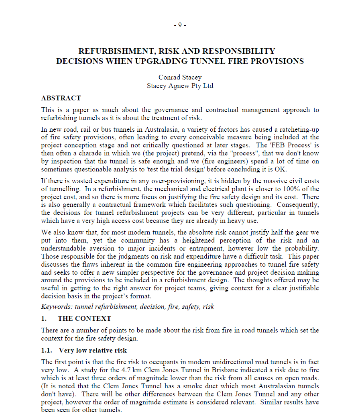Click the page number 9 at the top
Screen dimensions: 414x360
click(x=180, y=25)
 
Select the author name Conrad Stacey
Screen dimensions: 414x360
click(x=180, y=77)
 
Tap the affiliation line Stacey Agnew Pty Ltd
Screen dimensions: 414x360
click(x=180, y=86)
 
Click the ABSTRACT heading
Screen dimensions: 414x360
click(x=61, y=98)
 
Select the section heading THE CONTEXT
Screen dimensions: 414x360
click(x=84, y=318)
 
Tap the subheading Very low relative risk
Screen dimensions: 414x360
click(x=93, y=351)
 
